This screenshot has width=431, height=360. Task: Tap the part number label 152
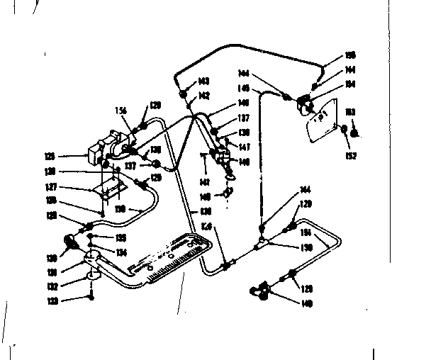[351, 155]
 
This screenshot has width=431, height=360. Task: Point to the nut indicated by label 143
[183, 94]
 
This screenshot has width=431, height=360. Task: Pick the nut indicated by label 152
[343, 130]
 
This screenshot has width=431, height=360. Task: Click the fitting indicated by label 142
[189, 104]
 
